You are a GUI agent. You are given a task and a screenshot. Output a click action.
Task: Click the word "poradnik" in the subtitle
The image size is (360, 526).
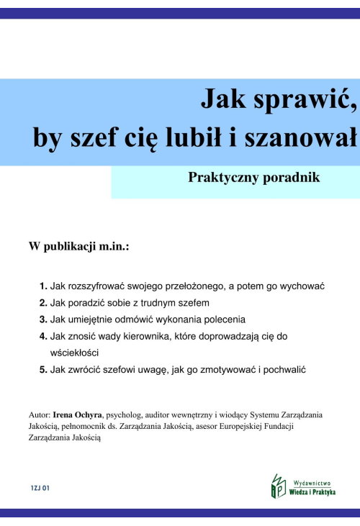(x=287, y=177)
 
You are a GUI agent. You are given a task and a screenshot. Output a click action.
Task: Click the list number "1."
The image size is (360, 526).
(x=44, y=286)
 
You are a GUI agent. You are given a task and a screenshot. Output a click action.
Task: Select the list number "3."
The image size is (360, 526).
(x=44, y=319)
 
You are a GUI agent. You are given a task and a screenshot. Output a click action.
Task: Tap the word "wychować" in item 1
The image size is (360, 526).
(x=305, y=286)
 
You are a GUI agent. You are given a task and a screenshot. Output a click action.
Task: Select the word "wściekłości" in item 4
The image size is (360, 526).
(x=74, y=353)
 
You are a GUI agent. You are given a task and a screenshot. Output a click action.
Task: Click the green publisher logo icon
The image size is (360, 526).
(x=278, y=486)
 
